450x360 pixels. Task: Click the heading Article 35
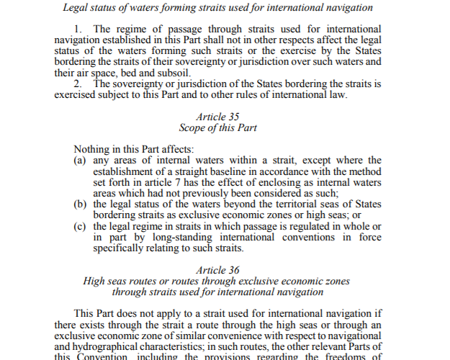(x=217, y=116)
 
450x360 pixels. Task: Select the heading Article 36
(x=217, y=270)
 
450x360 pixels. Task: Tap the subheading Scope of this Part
(x=217, y=127)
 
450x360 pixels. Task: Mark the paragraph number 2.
(x=78, y=84)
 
